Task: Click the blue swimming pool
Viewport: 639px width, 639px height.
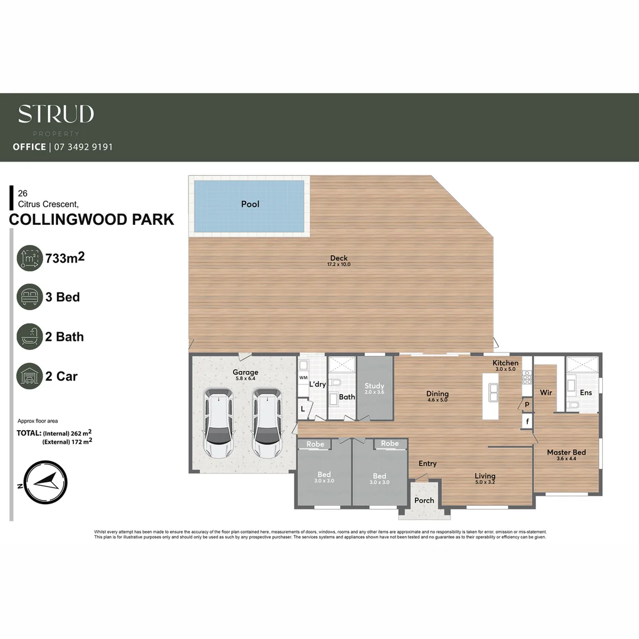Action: [249, 205]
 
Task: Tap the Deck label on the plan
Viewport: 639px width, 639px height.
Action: [340, 258]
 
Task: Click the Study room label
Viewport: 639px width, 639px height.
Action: [374, 386]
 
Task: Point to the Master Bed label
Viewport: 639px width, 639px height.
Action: [566, 453]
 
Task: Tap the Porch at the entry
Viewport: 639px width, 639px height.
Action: [424, 500]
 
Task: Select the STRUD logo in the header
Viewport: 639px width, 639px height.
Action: [56, 114]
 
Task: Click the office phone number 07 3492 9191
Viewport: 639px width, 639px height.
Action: [83, 147]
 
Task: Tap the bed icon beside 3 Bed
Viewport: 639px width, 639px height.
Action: [30, 297]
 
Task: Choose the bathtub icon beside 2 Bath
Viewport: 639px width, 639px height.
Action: [30, 337]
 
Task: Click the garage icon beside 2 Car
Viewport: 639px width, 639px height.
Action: [30, 376]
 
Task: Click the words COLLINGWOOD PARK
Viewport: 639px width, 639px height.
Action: [92, 220]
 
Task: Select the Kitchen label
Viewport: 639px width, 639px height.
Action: [505, 363]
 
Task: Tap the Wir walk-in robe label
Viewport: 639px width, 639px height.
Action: [546, 392]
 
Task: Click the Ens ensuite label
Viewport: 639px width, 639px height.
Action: [586, 392]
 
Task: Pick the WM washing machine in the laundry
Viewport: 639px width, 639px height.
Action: [303, 377]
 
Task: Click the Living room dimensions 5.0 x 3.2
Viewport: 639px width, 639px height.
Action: [485, 483]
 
